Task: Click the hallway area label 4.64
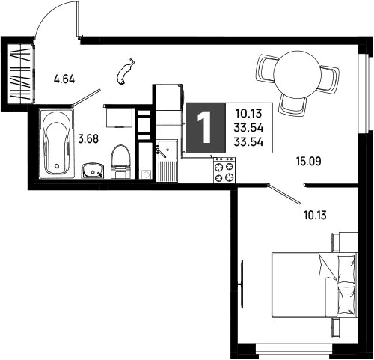(x=64, y=79)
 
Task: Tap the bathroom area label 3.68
(x=88, y=139)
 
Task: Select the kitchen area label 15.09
(x=309, y=161)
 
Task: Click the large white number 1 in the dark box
(x=204, y=127)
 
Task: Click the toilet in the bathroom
(x=121, y=162)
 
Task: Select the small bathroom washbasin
(x=93, y=171)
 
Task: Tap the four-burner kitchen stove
(x=224, y=170)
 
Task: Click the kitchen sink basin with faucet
(x=167, y=150)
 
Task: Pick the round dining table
(x=297, y=73)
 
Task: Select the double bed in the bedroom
(x=315, y=285)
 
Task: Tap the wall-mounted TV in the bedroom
(x=242, y=284)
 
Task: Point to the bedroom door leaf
(x=284, y=194)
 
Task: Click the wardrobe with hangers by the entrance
(x=19, y=73)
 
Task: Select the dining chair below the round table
(x=293, y=105)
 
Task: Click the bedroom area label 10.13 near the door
(x=315, y=215)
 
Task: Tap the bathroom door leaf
(x=86, y=97)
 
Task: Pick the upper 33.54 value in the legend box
(x=248, y=128)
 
